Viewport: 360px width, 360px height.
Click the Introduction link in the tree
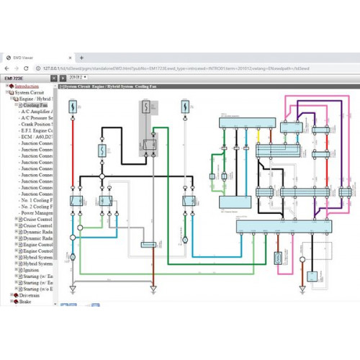click(27, 86)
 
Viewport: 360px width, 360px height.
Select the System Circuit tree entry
click(29, 93)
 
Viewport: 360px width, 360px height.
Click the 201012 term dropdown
click(75, 76)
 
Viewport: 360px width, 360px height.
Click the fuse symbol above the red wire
click(73, 108)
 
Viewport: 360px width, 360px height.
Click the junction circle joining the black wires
click(102, 176)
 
